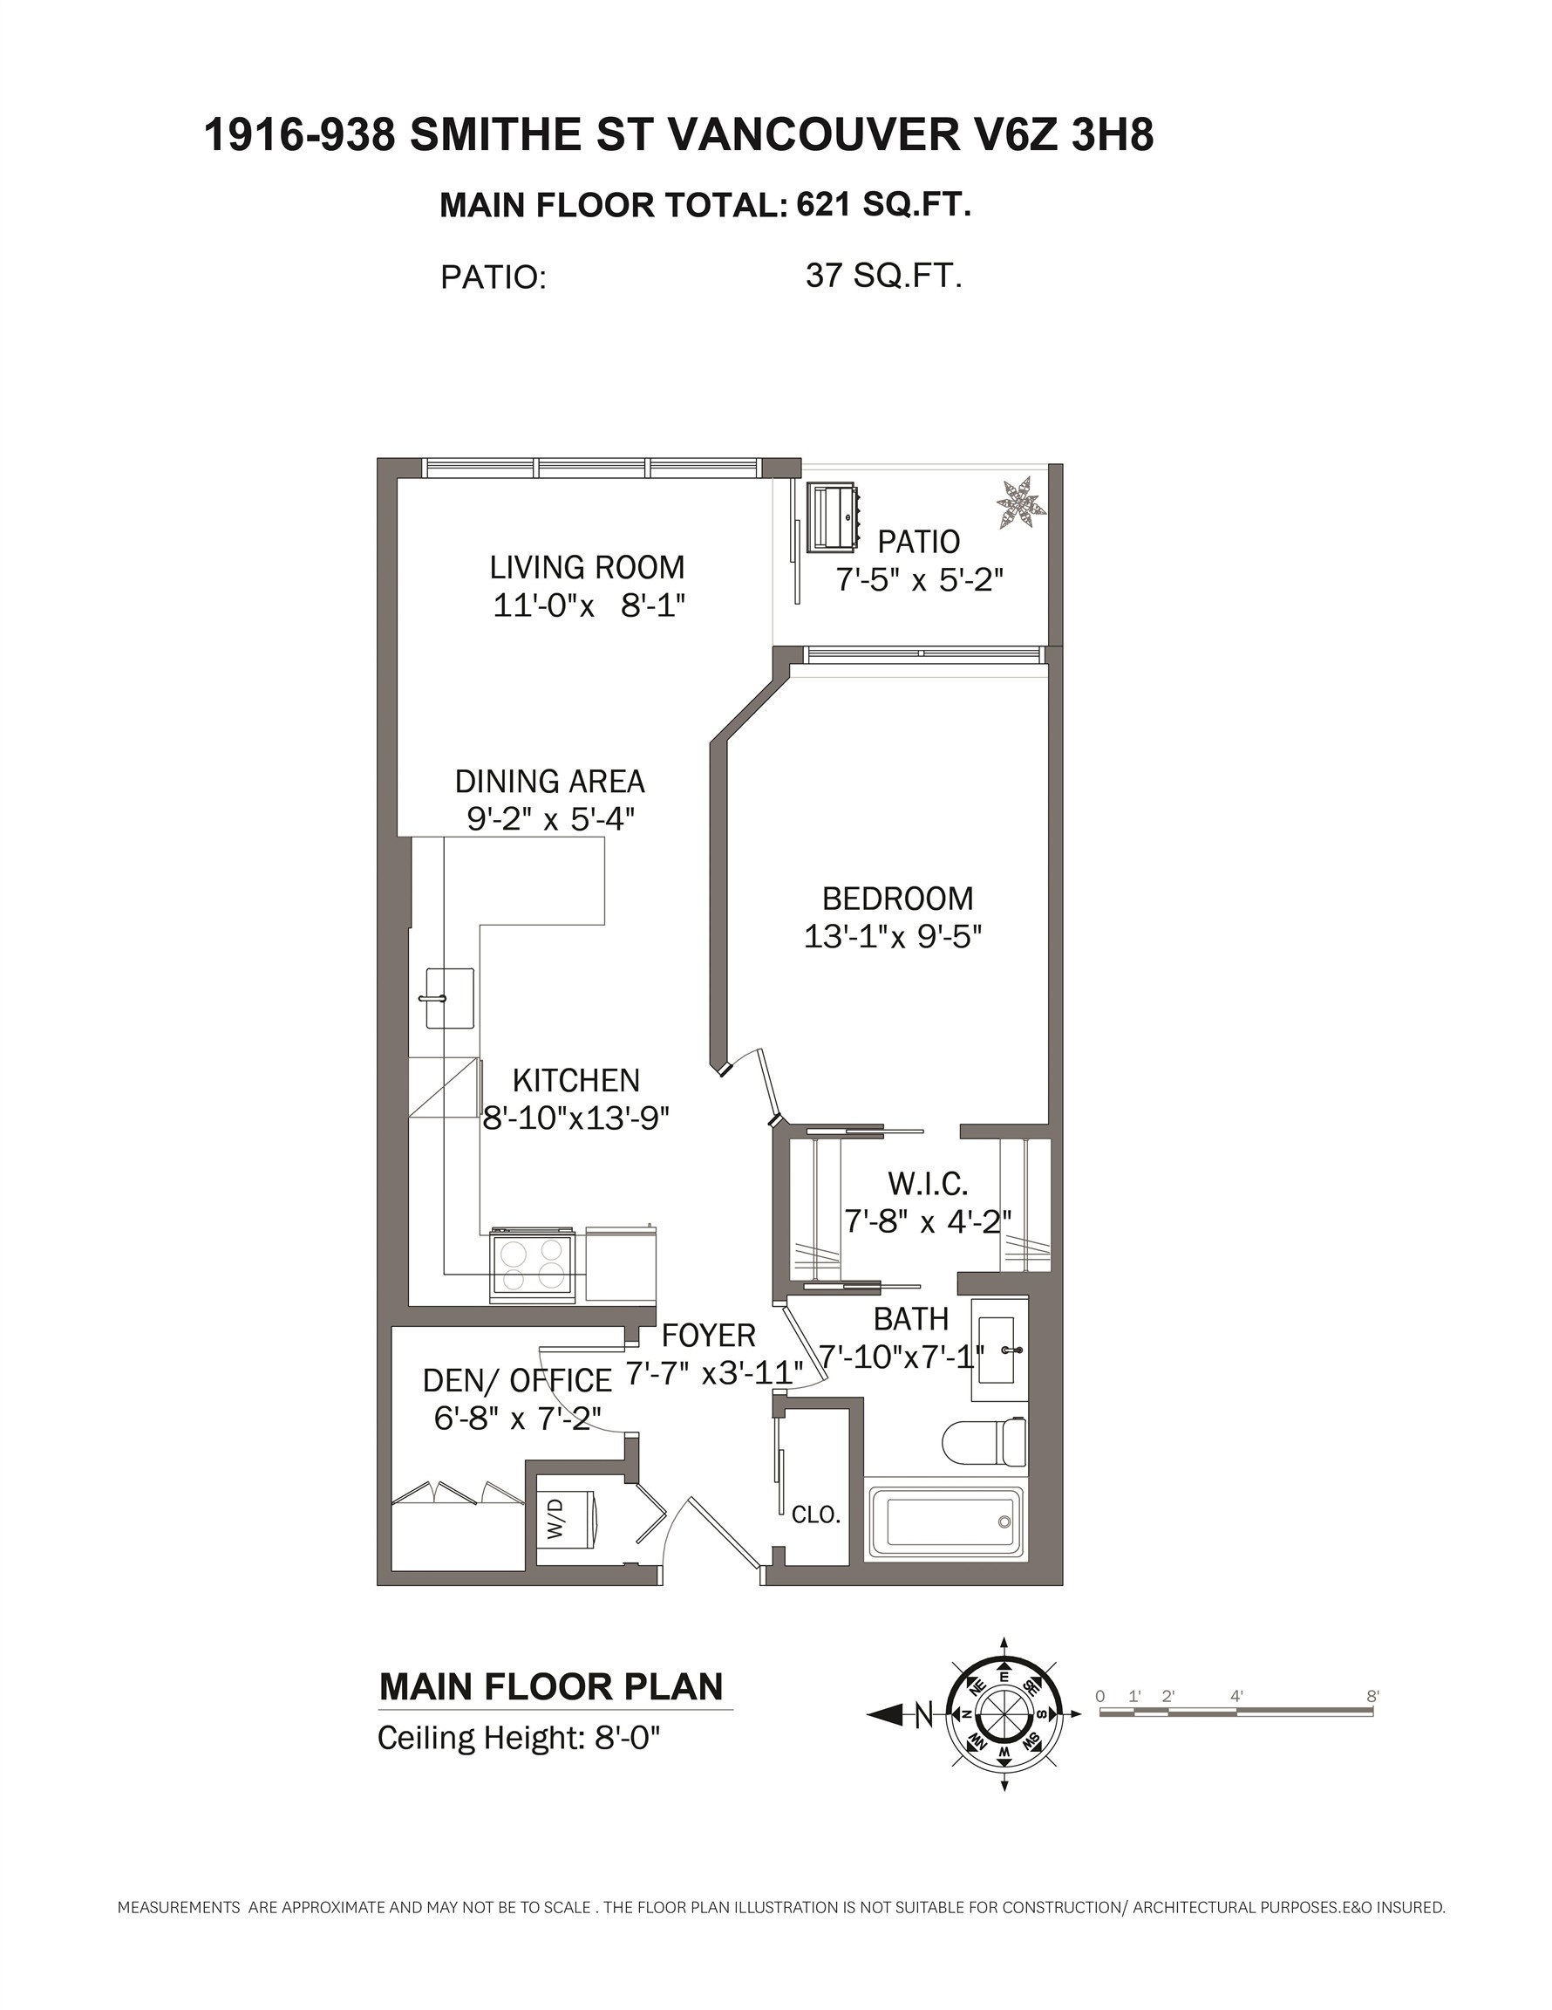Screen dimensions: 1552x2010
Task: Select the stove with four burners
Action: click(533, 1266)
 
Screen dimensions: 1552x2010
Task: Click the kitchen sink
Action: click(449, 998)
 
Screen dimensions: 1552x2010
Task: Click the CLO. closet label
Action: click(817, 1514)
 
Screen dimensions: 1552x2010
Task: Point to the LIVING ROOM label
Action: click(587, 567)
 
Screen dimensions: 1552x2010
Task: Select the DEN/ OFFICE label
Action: click(517, 1380)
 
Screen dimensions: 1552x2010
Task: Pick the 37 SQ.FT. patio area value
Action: click(884, 275)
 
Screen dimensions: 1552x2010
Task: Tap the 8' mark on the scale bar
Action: click(1372, 1696)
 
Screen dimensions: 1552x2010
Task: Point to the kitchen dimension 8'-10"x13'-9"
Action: click(577, 1118)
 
